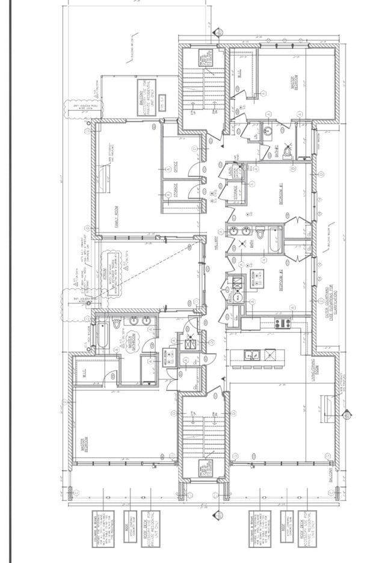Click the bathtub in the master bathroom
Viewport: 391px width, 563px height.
tap(102, 336)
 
